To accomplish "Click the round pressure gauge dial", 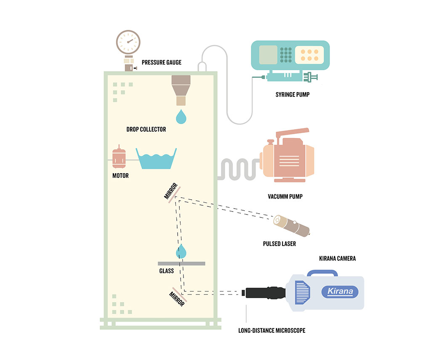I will (128, 41).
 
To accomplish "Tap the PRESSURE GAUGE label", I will (161, 62).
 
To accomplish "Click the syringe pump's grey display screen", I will (268, 55).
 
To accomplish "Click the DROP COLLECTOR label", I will (146, 129).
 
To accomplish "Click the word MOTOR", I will (120, 176).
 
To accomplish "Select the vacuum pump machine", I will (287, 159).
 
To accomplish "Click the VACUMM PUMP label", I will (285, 196).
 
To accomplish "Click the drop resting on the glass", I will (181, 251).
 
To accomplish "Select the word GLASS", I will (166, 271).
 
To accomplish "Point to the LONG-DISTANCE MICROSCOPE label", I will (271, 331).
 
